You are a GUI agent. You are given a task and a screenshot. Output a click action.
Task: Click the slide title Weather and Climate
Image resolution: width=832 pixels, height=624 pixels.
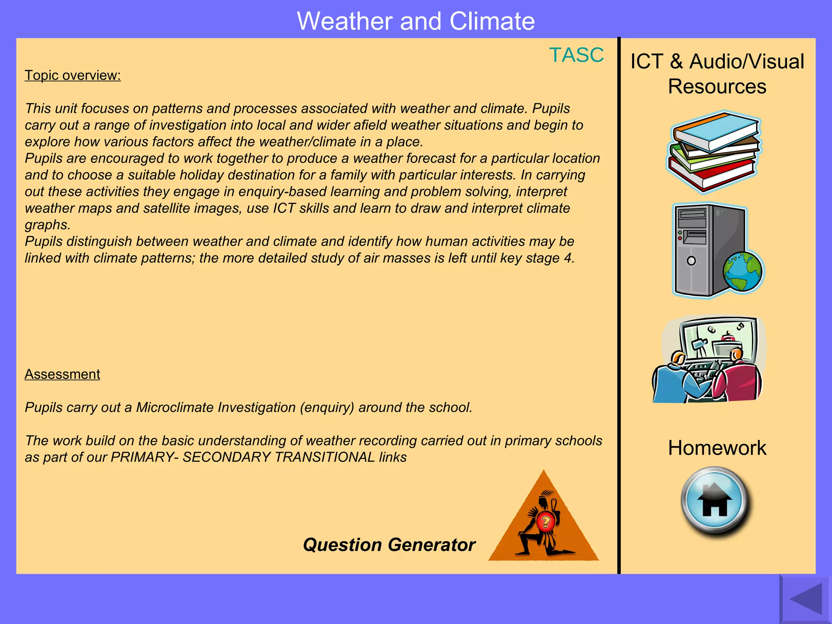(x=416, y=21)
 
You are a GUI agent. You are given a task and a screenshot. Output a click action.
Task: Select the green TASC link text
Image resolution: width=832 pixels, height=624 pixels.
(x=576, y=55)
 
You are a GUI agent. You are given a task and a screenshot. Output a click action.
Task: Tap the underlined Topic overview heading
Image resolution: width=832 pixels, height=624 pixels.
(x=73, y=76)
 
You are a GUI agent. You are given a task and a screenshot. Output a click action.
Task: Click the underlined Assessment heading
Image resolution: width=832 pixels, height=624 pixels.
(x=62, y=374)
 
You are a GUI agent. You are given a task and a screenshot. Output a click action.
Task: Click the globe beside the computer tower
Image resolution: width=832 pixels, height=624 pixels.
(x=743, y=272)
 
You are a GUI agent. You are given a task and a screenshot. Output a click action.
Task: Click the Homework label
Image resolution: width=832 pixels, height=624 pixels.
(x=717, y=448)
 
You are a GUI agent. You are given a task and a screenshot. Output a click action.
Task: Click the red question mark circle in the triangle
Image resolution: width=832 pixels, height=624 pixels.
(x=546, y=522)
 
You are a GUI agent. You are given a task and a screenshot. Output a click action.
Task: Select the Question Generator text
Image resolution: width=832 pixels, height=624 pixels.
(x=389, y=545)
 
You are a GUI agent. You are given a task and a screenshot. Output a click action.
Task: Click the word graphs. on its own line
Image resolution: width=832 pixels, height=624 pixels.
(x=48, y=225)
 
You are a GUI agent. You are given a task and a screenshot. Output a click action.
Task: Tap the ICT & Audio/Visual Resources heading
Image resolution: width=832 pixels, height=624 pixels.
(x=717, y=74)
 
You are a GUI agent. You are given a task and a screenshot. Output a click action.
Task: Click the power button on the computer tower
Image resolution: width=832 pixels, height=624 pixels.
(x=691, y=261)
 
